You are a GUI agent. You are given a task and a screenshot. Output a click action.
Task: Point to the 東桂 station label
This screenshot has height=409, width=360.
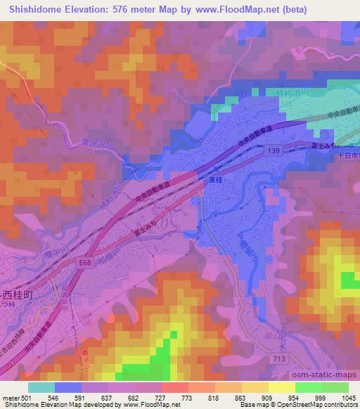(x=214, y=179)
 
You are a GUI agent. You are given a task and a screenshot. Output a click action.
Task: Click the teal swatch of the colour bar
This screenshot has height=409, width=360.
(x=41, y=387)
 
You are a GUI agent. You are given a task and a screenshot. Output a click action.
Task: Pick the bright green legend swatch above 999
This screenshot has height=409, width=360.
(x=308, y=387)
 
